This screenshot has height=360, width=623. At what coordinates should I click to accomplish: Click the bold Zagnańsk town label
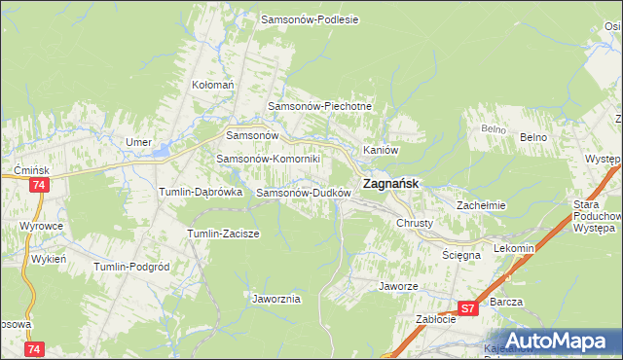click(x=391, y=183)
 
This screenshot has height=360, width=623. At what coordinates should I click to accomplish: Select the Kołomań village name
click(x=213, y=86)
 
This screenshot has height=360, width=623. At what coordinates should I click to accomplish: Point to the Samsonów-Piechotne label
click(x=320, y=106)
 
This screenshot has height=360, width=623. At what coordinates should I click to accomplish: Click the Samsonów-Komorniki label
click(x=261, y=159)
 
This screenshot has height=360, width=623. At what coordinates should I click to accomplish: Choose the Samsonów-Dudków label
click(x=303, y=193)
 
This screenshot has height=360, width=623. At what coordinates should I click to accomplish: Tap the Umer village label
click(x=138, y=142)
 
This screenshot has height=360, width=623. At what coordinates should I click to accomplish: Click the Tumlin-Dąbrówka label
click(x=201, y=193)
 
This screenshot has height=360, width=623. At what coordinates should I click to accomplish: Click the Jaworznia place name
click(x=275, y=299)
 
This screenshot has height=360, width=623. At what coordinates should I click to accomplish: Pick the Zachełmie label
click(x=481, y=205)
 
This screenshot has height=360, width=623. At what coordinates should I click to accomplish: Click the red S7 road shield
click(x=468, y=308)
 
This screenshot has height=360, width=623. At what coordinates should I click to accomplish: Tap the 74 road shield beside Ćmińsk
click(x=39, y=184)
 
